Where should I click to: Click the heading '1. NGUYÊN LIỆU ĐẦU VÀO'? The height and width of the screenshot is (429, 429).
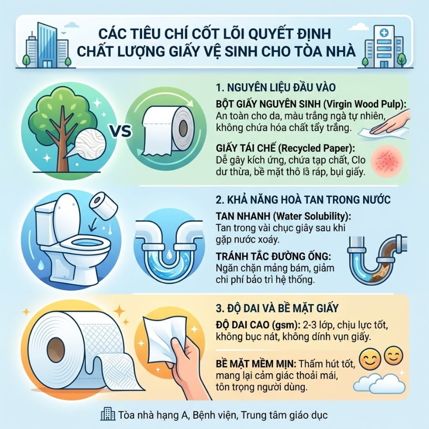click(x=276, y=87)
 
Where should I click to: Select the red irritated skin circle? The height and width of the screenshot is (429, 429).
click(x=386, y=162)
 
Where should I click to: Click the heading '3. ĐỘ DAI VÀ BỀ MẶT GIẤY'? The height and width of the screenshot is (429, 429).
click(x=277, y=308)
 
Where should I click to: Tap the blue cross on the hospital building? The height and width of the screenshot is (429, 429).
click(x=384, y=33)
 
